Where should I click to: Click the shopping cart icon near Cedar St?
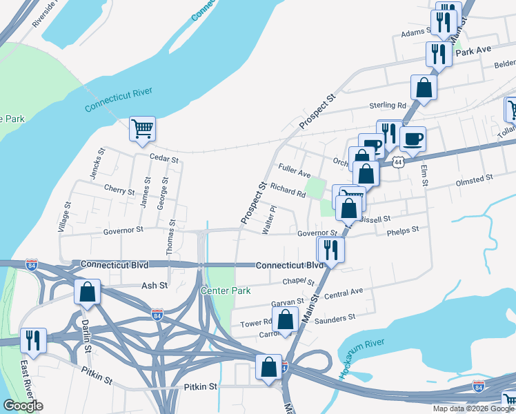[142, 129]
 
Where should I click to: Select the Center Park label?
[225, 290]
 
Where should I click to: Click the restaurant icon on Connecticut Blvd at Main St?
[330, 250]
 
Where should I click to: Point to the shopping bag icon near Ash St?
[88, 293]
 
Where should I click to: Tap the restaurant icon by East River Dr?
[32, 339]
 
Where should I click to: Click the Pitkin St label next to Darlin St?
[96, 379]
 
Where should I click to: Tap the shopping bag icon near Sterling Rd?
[424, 88]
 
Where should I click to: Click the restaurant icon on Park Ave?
[439, 53]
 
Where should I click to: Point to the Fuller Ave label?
[295, 170]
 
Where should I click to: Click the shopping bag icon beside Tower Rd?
[285, 320]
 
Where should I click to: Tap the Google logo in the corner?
[23, 406]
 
